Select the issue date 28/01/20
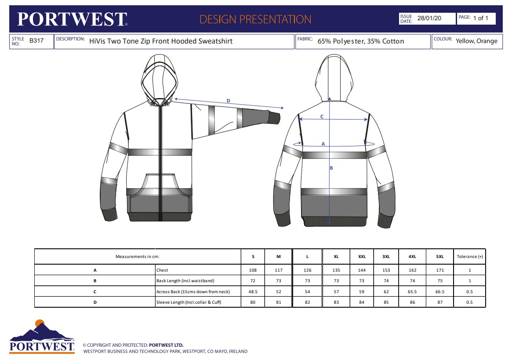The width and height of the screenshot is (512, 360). tap(429, 18)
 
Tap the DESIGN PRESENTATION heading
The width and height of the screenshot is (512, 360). tap(255, 19)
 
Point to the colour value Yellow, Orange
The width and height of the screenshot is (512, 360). tap(476, 41)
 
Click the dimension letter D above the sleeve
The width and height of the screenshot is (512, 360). tap(228, 101)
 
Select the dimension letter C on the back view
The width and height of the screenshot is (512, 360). tap(322, 116)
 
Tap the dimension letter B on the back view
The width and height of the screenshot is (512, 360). tap(331, 168)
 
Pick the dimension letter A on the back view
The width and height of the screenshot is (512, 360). tap(323, 144)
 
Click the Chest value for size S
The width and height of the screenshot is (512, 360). tap(253, 270)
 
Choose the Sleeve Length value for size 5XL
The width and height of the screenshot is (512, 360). tap(440, 302)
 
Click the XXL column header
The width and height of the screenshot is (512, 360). tap(362, 257)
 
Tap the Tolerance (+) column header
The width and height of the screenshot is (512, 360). tap(469, 257)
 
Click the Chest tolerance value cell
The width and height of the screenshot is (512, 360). tap(469, 270)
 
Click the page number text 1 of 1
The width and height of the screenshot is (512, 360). tap(480, 18)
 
